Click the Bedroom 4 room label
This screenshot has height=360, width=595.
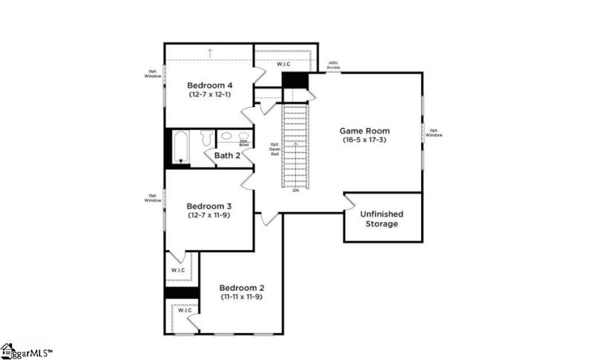point(209,85)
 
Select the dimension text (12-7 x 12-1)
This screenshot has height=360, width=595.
point(209,94)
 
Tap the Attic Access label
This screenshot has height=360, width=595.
point(333,65)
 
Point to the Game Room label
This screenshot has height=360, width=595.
point(365,131)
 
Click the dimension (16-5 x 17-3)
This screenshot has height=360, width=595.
point(365,140)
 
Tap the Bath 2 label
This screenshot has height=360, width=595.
point(227,155)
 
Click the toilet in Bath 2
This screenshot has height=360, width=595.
point(208,138)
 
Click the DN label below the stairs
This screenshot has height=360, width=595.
point(295,190)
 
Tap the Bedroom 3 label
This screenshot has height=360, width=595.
point(209,206)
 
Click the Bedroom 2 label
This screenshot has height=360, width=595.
point(242,288)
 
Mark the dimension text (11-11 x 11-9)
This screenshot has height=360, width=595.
point(242,297)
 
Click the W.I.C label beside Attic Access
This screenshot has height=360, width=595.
point(283,64)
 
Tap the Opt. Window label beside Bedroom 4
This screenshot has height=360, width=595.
point(152,74)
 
